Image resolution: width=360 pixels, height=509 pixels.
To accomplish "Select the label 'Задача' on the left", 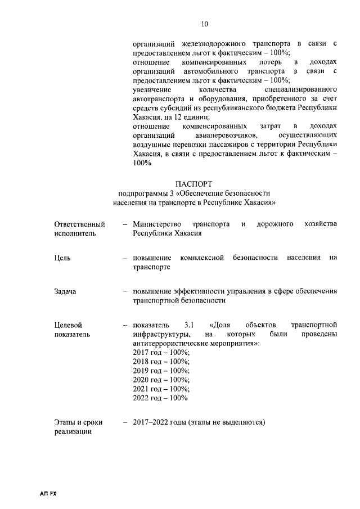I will click(65, 291).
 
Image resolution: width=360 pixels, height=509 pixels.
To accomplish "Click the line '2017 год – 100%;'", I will click(161, 352).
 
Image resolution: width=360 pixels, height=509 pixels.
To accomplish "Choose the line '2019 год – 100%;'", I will click(161, 371).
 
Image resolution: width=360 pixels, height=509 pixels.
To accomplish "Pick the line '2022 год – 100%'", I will click(160, 398).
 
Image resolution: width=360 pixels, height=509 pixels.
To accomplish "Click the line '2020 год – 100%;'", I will click(161, 380).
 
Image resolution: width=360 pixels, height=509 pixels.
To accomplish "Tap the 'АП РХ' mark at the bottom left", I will click(48, 493).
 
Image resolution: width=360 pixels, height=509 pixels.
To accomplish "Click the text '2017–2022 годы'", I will click(159, 422).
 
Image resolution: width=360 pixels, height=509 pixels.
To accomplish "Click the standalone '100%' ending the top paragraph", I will click(142, 163).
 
